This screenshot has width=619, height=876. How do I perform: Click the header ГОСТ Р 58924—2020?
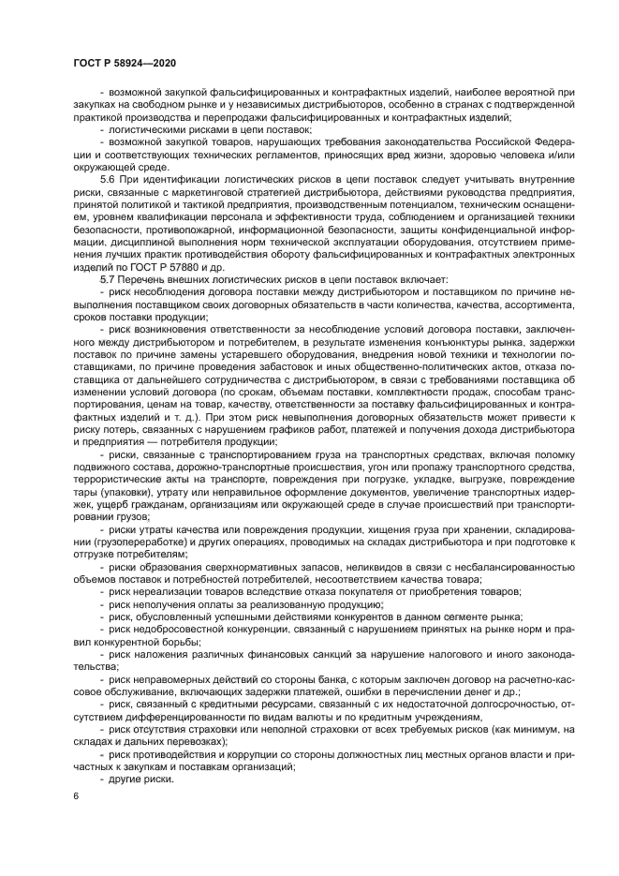(x=125, y=63)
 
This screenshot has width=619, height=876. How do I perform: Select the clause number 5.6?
(x=108, y=178)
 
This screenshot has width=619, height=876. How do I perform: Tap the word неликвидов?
(x=359, y=568)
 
